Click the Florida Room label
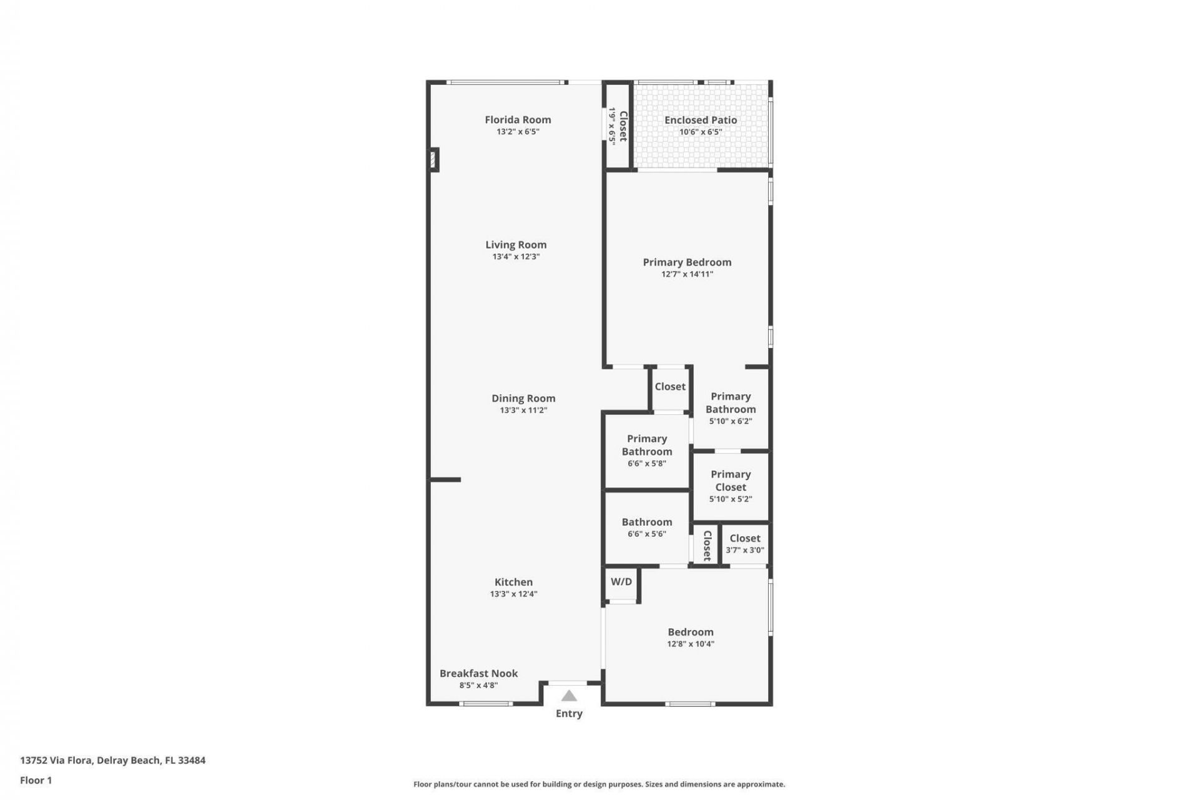pyautogui.click(x=518, y=120)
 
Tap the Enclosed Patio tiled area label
pyautogui.click(x=700, y=120)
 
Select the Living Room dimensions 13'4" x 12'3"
pyautogui.click(x=516, y=257)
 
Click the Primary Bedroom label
pyautogui.click(x=687, y=262)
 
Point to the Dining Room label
pyautogui.click(x=523, y=399)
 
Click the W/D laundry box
pyautogui.click(x=621, y=582)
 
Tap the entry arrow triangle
pyautogui.click(x=568, y=696)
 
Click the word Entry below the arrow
pyautogui.click(x=569, y=714)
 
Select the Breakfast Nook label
pyautogui.click(x=478, y=674)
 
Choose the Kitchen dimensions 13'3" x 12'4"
pyautogui.click(x=513, y=594)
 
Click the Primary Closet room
pyautogui.click(x=731, y=486)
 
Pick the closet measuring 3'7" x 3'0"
pyautogui.click(x=745, y=544)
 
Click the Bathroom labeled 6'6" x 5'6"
pyautogui.click(x=647, y=527)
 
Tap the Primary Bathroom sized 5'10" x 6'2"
pyautogui.click(x=731, y=408)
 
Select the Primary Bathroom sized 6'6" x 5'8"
pyautogui.click(x=647, y=451)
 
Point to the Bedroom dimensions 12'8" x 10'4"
pyautogui.click(x=691, y=644)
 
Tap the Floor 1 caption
pyautogui.click(x=36, y=781)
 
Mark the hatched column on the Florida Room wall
pyautogui.click(x=433, y=159)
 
